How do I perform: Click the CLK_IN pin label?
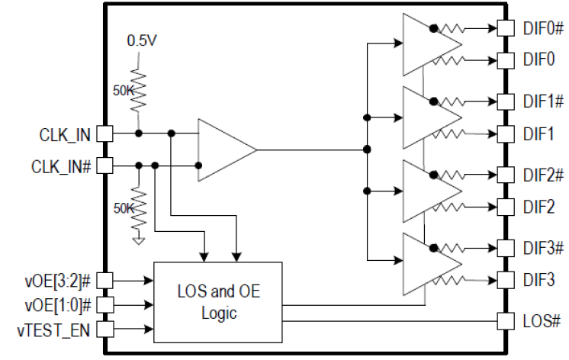pos(63,135)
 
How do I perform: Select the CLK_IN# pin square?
pos(104,165)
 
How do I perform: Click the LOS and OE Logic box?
pos(217,302)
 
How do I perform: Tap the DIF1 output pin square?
pos(504,133)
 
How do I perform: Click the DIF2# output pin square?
pos(504,175)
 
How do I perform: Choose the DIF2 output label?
pos(538,206)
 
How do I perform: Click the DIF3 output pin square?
pos(504,280)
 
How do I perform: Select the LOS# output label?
pos(542,321)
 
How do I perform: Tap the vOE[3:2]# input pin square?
pos(104,281)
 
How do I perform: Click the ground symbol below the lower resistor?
pos(138,240)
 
